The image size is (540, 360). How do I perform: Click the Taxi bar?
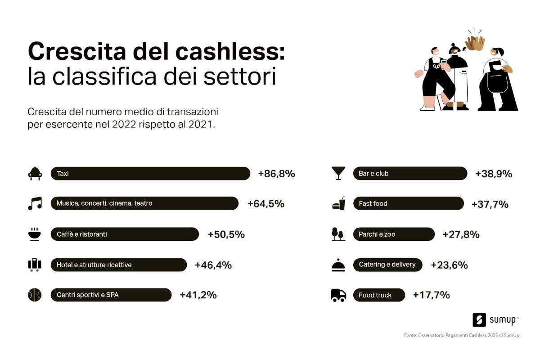pos(150,173)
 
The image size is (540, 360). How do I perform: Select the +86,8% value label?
pos(276,174)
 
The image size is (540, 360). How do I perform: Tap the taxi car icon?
pos(35,174)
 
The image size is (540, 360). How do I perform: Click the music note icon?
pos(35,203)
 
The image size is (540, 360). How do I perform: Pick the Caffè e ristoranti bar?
pos(125,234)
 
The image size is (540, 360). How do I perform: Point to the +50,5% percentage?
pos(226,234)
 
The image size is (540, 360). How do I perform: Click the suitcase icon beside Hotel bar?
pos(35,265)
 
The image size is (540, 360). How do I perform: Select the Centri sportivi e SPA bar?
pos(111,295)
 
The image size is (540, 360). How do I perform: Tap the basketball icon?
pos(35,295)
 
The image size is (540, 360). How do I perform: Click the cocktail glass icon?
pos(338,173)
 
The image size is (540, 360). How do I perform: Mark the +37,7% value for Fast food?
pos(490,204)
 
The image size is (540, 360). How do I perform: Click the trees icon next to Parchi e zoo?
pos(338,234)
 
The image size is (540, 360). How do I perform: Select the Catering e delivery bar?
pos(387,265)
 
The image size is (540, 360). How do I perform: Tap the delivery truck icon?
pos(338,295)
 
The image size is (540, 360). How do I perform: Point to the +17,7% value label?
pos(431,295)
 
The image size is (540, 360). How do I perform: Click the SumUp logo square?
pos(479,320)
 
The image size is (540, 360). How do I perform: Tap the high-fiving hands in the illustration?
pos(475,43)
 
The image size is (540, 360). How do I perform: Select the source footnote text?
pos(461,335)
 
